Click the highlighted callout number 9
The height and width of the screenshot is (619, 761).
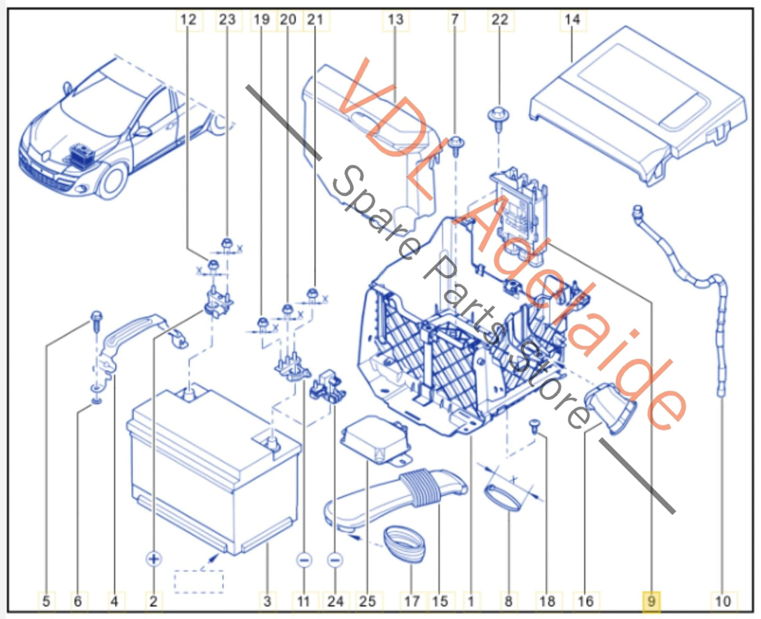[x=651, y=601]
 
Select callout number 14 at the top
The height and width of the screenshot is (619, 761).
[x=572, y=20]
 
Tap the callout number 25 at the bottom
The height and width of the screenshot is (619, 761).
[x=367, y=601]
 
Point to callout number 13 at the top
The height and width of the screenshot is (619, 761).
[x=395, y=20]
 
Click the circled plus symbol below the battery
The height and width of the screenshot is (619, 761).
[x=154, y=558]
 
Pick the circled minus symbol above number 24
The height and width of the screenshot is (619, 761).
[x=335, y=560]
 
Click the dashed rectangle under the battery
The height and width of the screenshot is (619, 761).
[x=199, y=582]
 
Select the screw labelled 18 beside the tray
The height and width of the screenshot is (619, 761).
[x=535, y=425]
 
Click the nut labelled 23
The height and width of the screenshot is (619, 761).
[x=227, y=244]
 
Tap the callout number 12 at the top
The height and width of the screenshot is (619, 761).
[x=188, y=20]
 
